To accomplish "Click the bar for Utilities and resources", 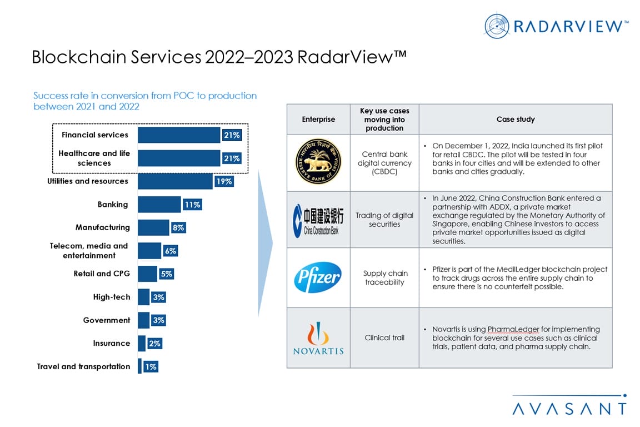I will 175,181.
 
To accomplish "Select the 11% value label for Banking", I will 192,205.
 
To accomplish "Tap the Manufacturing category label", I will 103,227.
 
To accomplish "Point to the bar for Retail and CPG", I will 147,274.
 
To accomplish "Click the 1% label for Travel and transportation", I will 150,367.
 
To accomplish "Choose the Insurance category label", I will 111,344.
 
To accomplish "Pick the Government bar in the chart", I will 143,320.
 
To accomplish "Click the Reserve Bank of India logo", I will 318,162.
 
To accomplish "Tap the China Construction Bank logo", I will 318,220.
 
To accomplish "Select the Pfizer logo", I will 318,277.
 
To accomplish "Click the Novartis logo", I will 318,338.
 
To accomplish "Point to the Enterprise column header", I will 318,119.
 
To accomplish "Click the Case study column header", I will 516,119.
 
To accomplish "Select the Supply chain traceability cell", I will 384,277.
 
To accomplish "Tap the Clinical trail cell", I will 384,337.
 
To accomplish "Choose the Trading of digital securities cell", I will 384,220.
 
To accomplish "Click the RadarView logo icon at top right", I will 497,26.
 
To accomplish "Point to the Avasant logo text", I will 569,409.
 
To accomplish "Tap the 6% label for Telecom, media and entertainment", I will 170,251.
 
